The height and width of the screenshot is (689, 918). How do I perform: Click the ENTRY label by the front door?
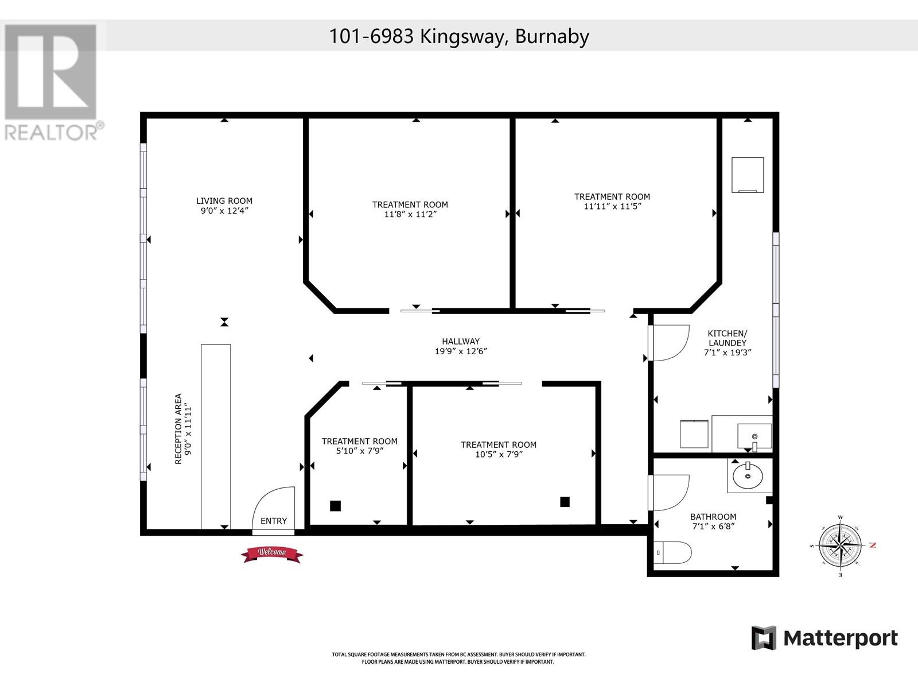(274, 521)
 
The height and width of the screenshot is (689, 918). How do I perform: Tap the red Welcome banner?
(272, 554)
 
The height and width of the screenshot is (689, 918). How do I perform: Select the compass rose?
(841, 545)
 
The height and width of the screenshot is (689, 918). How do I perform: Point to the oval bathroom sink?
(748, 476)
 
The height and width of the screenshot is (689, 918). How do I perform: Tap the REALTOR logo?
(51, 82)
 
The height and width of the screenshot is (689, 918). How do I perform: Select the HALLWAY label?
(461, 342)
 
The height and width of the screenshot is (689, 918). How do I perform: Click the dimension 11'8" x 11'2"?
(410, 214)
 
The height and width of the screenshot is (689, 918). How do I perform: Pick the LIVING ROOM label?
(224, 201)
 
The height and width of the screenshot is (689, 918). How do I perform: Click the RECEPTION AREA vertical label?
(178, 429)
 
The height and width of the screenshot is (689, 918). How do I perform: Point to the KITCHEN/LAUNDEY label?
(728, 338)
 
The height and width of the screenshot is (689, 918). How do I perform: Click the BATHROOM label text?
(713, 517)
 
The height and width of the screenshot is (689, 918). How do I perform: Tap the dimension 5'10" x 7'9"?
(360, 451)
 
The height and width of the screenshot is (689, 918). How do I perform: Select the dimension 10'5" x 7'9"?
(499, 454)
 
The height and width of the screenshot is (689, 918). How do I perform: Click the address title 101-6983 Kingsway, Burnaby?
(459, 36)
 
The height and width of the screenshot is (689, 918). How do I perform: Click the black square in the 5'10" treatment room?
(336, 506)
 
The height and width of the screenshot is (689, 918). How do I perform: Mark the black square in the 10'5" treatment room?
(565, 502)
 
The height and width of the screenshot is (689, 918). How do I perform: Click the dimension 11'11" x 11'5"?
(612, 206)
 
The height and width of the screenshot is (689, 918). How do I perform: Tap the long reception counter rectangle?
(216, 437)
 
